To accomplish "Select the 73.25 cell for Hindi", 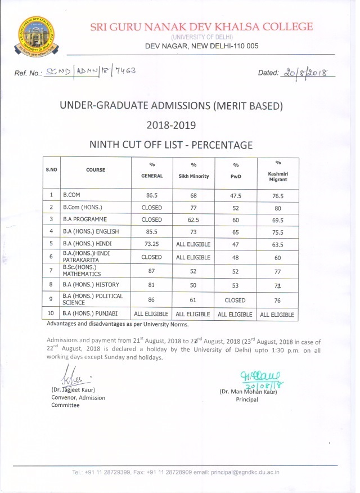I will click(151, 244).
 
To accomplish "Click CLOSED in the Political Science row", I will click(235, 299).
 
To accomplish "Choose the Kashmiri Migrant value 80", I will click(278, 207).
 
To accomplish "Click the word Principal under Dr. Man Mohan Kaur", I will click(247, 400).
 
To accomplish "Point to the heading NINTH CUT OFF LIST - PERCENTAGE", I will click(171, 145).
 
